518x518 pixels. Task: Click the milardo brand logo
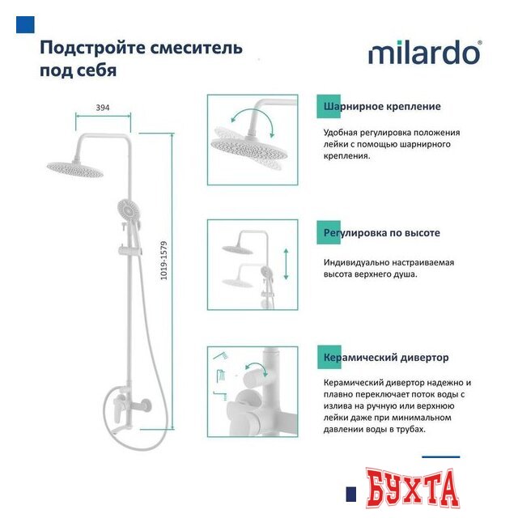coord(424,53)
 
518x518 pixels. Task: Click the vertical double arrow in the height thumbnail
coord(285,263)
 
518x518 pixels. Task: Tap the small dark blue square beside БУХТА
coord(351,494)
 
